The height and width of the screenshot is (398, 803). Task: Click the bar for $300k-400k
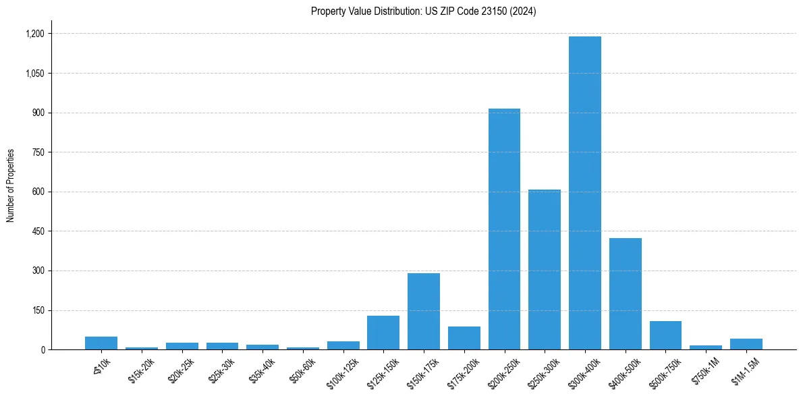pos(584,193)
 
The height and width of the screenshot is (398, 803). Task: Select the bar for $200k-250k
pos(504,229)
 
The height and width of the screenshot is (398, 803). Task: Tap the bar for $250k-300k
pos(545,270)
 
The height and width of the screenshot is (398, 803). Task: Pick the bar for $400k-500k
pos(625,294)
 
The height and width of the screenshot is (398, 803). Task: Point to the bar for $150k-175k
pos(424,312)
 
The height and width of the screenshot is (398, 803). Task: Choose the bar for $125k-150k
pos(383,333)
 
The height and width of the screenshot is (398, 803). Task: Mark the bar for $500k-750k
pos(665,335)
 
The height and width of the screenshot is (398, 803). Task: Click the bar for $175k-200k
pos(464,338)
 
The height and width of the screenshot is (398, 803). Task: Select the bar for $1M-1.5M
pos(746,344)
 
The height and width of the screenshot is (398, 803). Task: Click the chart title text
pos(423,11)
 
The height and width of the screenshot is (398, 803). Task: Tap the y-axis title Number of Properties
pos(11,186)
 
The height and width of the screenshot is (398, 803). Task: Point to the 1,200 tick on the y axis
pos(34,34)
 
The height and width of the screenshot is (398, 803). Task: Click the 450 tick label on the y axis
pos(38,231)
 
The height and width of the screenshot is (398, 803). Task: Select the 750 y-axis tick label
pos(38,152)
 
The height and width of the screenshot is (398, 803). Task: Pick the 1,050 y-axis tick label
pos(34,74)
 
